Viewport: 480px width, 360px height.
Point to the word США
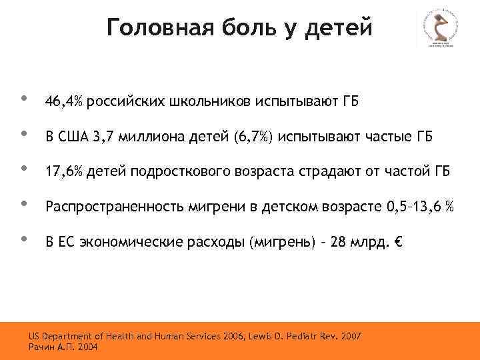74,137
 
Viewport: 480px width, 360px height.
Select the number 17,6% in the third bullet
63,173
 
